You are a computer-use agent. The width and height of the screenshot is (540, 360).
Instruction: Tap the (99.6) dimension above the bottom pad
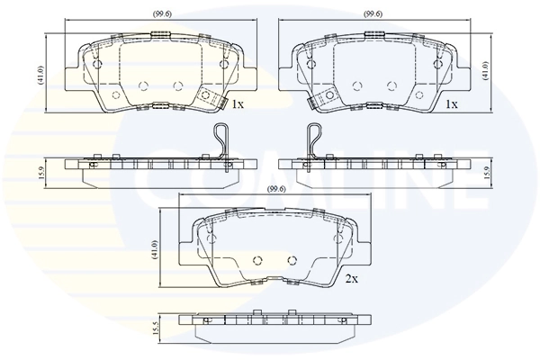276,189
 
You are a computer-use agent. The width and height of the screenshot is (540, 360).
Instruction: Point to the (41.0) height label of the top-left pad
40,72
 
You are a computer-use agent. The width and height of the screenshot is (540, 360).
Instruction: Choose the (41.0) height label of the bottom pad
155,247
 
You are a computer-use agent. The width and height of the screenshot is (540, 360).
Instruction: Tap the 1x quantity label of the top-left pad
238,104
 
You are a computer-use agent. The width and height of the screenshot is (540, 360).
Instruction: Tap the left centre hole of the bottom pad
255,257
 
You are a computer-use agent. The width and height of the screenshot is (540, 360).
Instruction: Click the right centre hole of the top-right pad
391,85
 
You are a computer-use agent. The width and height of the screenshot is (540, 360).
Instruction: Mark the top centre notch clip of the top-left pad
162,34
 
